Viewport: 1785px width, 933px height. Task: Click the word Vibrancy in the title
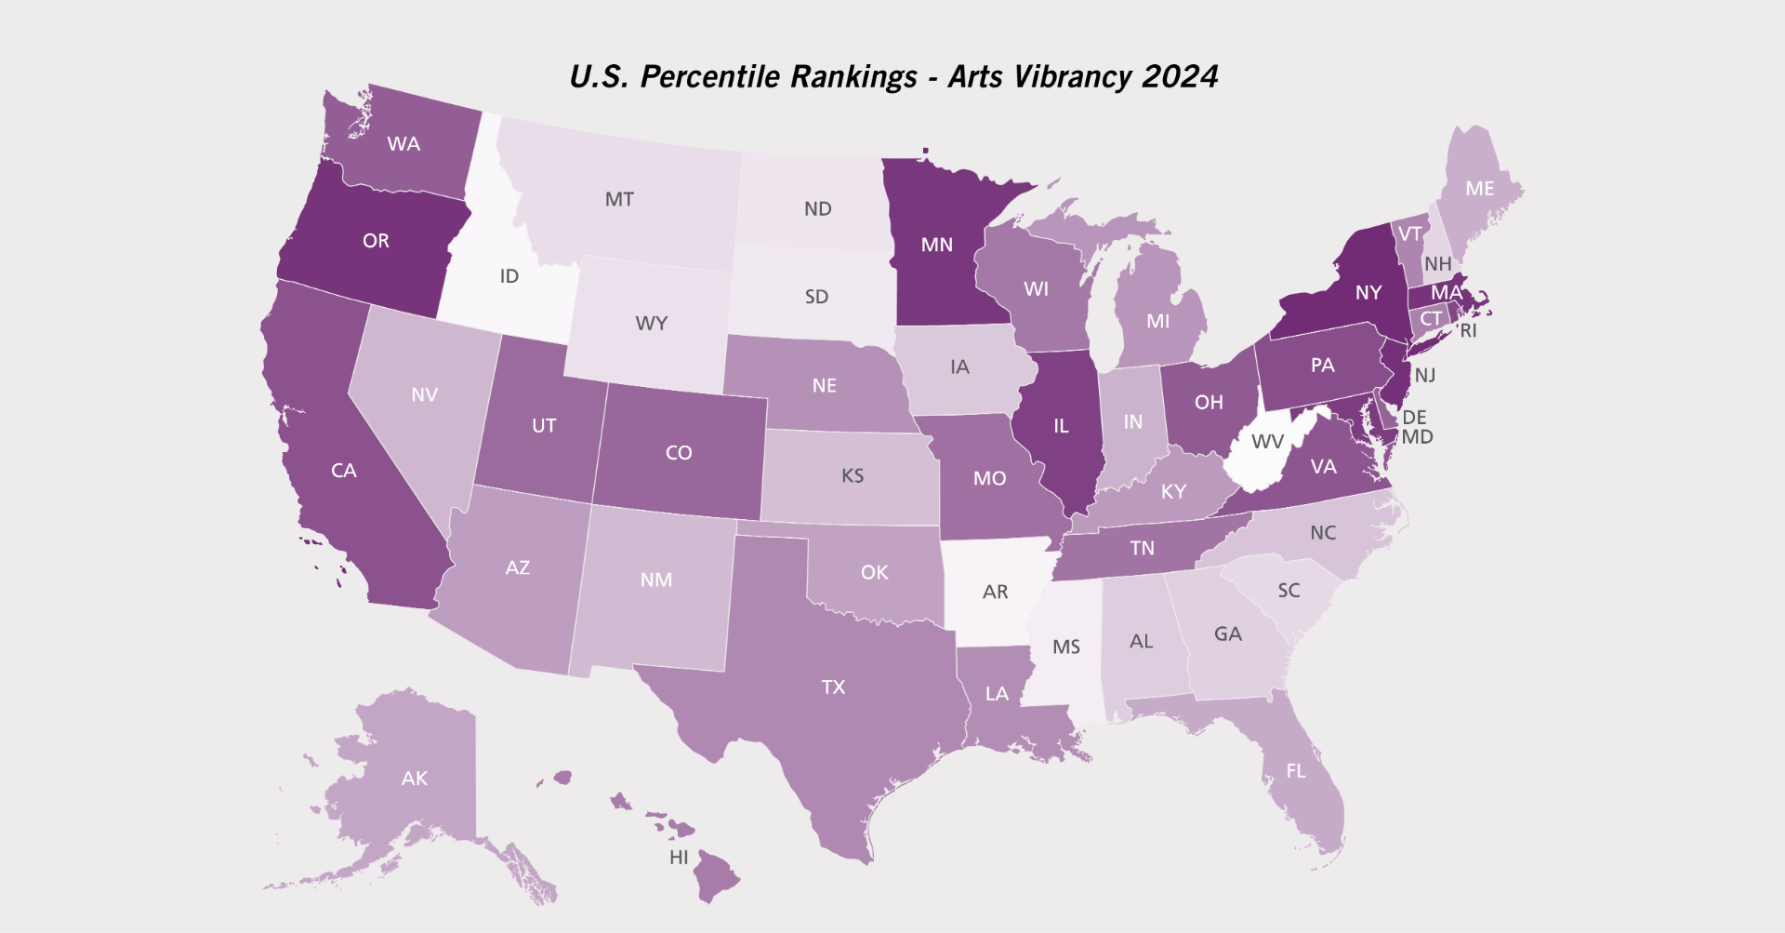pos(1073,77)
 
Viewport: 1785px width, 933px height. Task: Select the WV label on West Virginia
pos(1267,441)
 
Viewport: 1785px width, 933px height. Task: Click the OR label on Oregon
pos(376,241)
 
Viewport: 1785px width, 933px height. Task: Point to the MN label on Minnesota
pos(936,245)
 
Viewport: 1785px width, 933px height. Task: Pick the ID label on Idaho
pos(509,276)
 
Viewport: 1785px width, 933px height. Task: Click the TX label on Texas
pos(833,687)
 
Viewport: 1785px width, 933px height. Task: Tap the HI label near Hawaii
pos(679,858)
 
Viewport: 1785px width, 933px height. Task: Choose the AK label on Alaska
pos(415,779)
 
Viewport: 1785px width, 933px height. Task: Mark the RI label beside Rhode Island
pos(1468,331)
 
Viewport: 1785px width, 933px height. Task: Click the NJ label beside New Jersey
pos(1425,376)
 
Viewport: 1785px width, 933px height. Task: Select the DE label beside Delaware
pos(1414,418)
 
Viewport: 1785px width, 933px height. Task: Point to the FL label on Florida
pos(1296,771)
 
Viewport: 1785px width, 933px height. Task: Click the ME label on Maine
pos(1479,189)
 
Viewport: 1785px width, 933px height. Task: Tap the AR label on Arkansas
pos(995,592)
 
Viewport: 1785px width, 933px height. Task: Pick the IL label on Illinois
pos(1061,426)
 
